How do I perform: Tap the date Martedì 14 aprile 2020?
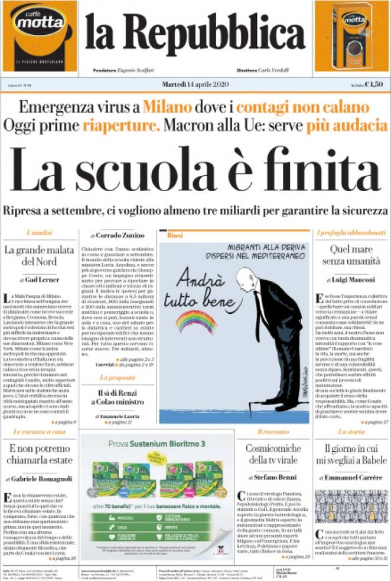tap(194, 84)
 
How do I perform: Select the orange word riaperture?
tap(121, 125)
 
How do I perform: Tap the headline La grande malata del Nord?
tap(39, 255)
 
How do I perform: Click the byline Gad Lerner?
tap(41, 278)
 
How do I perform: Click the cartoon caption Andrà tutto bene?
tap(201, 289)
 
